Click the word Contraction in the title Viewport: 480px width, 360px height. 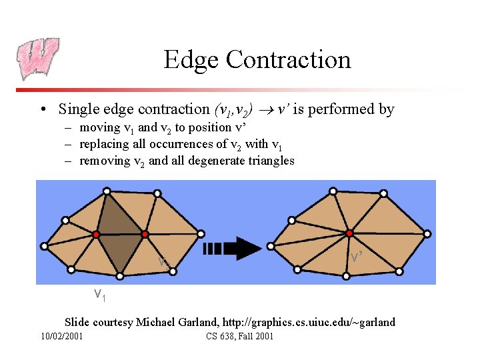[x=289, y=59]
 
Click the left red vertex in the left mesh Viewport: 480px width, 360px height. [x=96, y=235]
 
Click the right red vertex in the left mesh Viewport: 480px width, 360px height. [x=145, y=234]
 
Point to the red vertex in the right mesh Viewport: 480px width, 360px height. [x=349, y=233]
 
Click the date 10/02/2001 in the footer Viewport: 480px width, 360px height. [x=62, y=336]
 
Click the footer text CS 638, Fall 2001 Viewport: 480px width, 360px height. [x=240, y=336]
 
